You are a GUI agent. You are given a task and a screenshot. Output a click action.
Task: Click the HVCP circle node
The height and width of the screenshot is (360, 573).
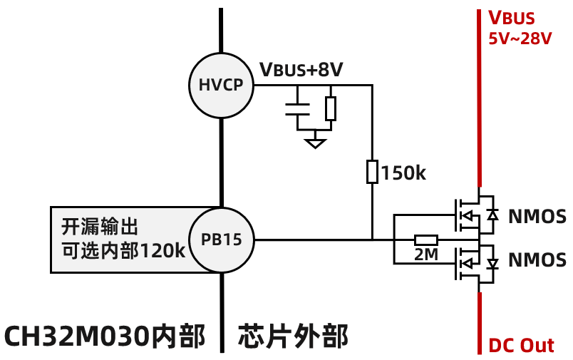pyautogui.click(x=221, y=86)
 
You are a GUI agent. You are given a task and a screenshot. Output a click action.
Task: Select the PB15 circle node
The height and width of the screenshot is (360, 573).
pyautogui.click(x=221, y=240)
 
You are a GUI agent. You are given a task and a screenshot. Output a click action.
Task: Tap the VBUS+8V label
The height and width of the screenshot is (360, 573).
pyautogui.click(x=301, y=70)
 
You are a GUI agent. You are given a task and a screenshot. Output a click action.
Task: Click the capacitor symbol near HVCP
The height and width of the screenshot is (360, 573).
pyautogui.click(x=298, y=108)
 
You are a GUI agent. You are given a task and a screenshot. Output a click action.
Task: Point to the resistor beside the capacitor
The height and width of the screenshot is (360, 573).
pyautogui.click(x=330, y=108)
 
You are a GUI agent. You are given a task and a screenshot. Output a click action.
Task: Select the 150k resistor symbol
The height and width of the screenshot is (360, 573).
pyautogui.click(x=372, y=172)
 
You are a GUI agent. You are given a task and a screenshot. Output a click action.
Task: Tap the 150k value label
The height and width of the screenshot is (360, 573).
pyautogui.click(x=403, y=173)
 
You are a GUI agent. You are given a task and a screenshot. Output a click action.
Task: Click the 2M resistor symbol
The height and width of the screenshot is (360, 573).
pyautogui.click(x=426, y=240)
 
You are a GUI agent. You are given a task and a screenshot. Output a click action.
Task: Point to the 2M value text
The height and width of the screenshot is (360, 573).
pyautogui.click(x=426, y=254)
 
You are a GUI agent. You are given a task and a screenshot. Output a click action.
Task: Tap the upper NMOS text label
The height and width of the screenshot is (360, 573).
pyautogui.click(x=537, y=216)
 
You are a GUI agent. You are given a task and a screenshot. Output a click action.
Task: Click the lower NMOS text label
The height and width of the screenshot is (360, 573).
pyautogui.click(x=537, y=260)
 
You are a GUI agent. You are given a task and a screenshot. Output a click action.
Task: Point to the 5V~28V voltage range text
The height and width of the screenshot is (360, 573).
pyautogui.click(x=520, y=38)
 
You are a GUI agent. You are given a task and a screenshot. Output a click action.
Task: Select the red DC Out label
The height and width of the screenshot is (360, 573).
pyautogui.click(x=521, y=346)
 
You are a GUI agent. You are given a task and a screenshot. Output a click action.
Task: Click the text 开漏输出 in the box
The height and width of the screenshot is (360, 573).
pyautogui.click(x=99, y=227)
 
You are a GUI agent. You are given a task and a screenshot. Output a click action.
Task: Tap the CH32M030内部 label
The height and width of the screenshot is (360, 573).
pyautogui.click(x=105, y=336)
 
